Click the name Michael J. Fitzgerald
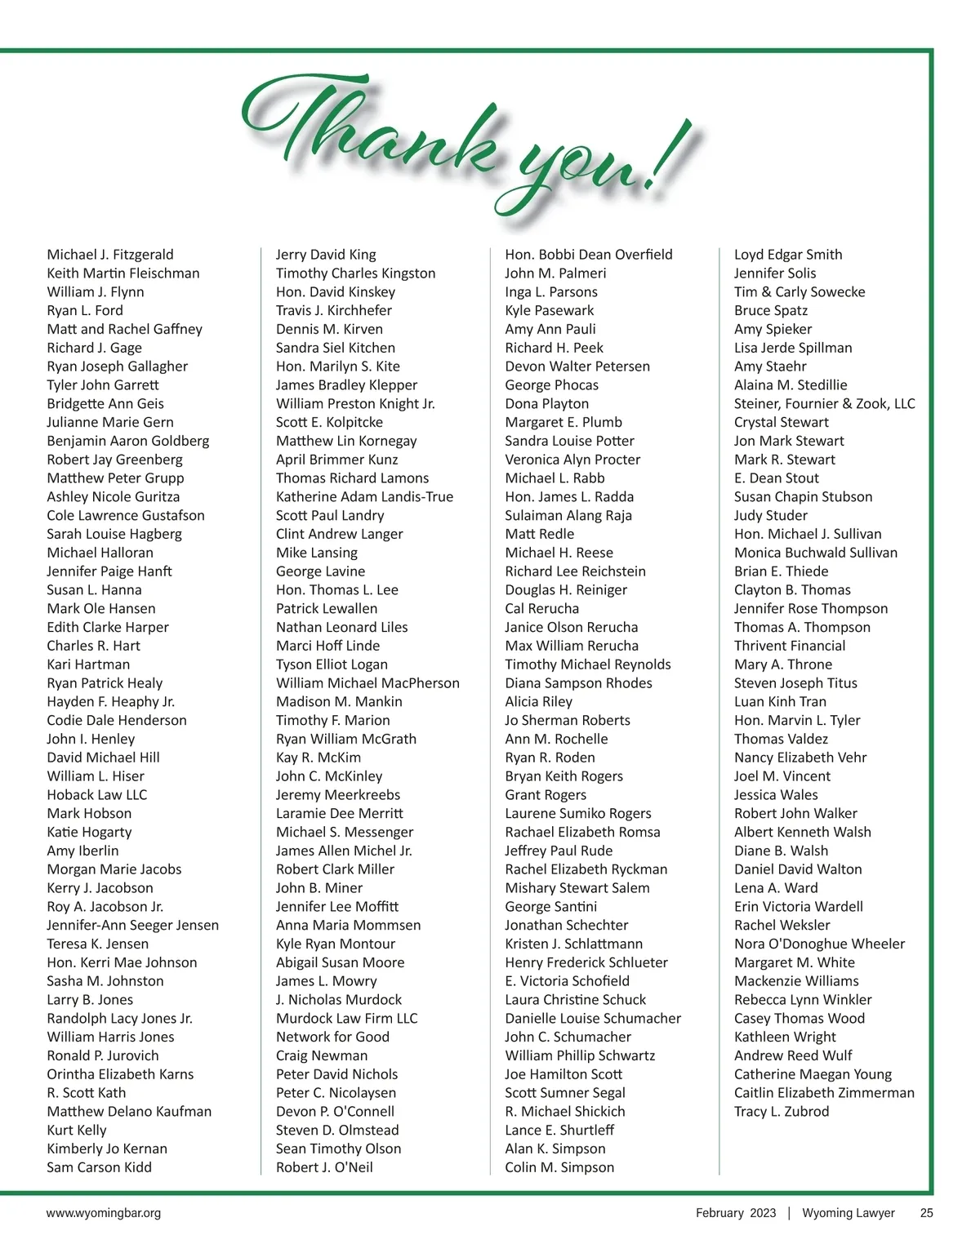(x=110, y=255)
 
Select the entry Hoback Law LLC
(x=97, y=795)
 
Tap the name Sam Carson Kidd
(x=100, y=1167)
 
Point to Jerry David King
(x=326, y=255)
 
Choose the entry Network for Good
(x=332, y=1037)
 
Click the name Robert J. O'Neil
(x=324, y=1167)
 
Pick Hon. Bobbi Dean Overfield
(x=589, y=255)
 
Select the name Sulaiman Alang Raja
(x=568, y=515)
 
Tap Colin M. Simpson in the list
(x=559, y=1167)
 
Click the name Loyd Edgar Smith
(x=788, y=255)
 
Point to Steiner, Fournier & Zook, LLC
(x=825, y=404)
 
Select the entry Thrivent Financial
(x=790, y=646)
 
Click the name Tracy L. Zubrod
(x=782, y=1112)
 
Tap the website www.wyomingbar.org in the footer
(x=104, y=1213)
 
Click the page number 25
(x=926, y=1213)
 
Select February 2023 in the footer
(x=736, y=1213)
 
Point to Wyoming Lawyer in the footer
(x=849, y=1213)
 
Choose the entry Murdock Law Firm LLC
(x=346, y=1019)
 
